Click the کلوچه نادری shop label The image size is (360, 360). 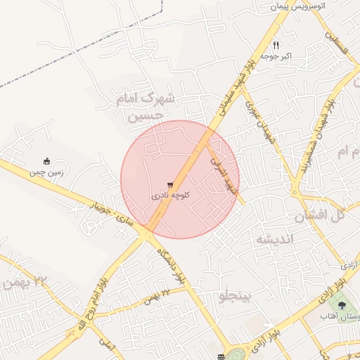tap(170, 197)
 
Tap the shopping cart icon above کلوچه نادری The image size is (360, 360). tap(170, 185)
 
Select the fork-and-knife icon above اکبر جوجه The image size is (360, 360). tap(276, 44)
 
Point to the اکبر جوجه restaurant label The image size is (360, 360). tap(275, 56)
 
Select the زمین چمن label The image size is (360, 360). tap(46, 171)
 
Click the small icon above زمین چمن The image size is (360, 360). tap(47, 160)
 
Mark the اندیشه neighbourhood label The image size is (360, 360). tap(273, 239)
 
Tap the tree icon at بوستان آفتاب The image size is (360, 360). tap(342, 305)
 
